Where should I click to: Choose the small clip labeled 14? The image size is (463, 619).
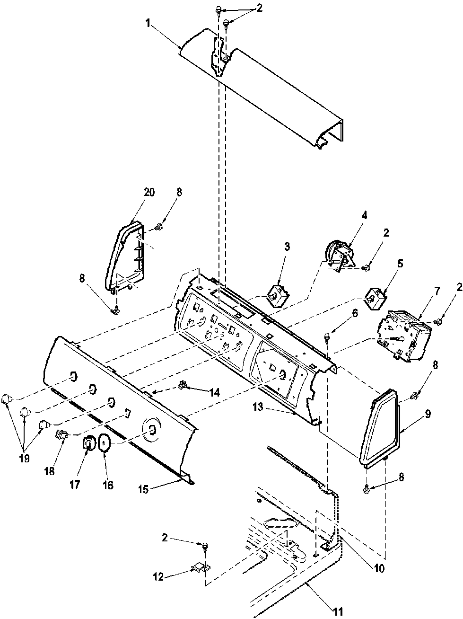point(182,386)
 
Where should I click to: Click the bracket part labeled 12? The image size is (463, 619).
point(199,566)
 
